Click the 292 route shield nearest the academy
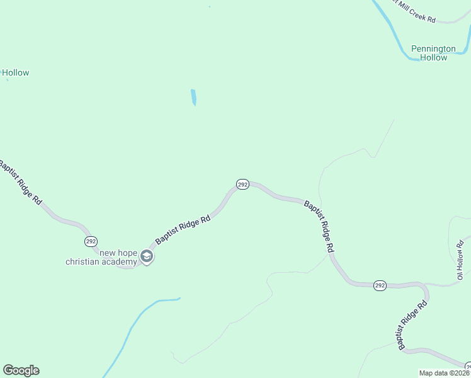tap(91, 241)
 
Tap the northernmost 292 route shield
tap(242, 184)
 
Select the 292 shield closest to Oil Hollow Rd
tap(379, 285)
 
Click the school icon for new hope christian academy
tap(147, 256)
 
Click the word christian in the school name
tap(82, 262)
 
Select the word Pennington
tap(433, 49)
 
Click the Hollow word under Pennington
tap(433, 58)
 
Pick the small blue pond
tap(193, 97)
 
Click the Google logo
tap(21, 370)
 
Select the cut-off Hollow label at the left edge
tap(15, 73)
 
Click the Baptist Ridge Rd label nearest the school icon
tap(183, 231)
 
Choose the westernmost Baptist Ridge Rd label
tap(21, 183)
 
